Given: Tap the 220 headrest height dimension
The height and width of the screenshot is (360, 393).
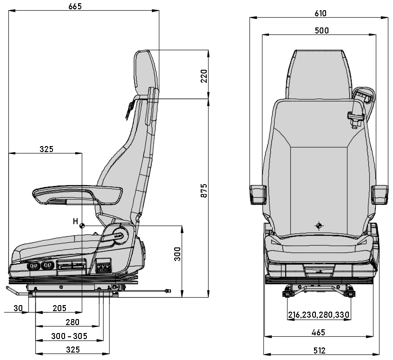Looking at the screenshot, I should [203, 75].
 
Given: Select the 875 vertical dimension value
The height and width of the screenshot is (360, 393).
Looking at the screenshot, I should [203, 191].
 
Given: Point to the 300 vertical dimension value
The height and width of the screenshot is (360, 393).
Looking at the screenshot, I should [177, 253].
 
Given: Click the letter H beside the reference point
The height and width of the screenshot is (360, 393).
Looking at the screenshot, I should [75, 222].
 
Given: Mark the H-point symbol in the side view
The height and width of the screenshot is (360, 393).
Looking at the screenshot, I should [82, 226].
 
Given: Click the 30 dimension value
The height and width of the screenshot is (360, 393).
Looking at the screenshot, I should [18, 308].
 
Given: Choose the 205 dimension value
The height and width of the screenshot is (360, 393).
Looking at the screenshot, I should [59, 308].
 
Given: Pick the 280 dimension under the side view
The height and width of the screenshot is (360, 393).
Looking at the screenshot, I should [72, 322].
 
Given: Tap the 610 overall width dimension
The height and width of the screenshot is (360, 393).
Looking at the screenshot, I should [320, 13].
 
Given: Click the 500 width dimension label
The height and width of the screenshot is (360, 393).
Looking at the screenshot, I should [321, 31].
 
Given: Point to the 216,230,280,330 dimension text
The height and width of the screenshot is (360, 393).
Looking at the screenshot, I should [319, 315].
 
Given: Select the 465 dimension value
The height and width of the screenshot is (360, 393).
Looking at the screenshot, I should [318, 332].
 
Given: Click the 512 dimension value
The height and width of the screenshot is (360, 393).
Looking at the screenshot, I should [319, 350].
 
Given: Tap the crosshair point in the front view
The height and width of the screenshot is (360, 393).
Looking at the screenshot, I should [319, 226].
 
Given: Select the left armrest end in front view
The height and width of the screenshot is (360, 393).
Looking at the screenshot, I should [258, 194].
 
